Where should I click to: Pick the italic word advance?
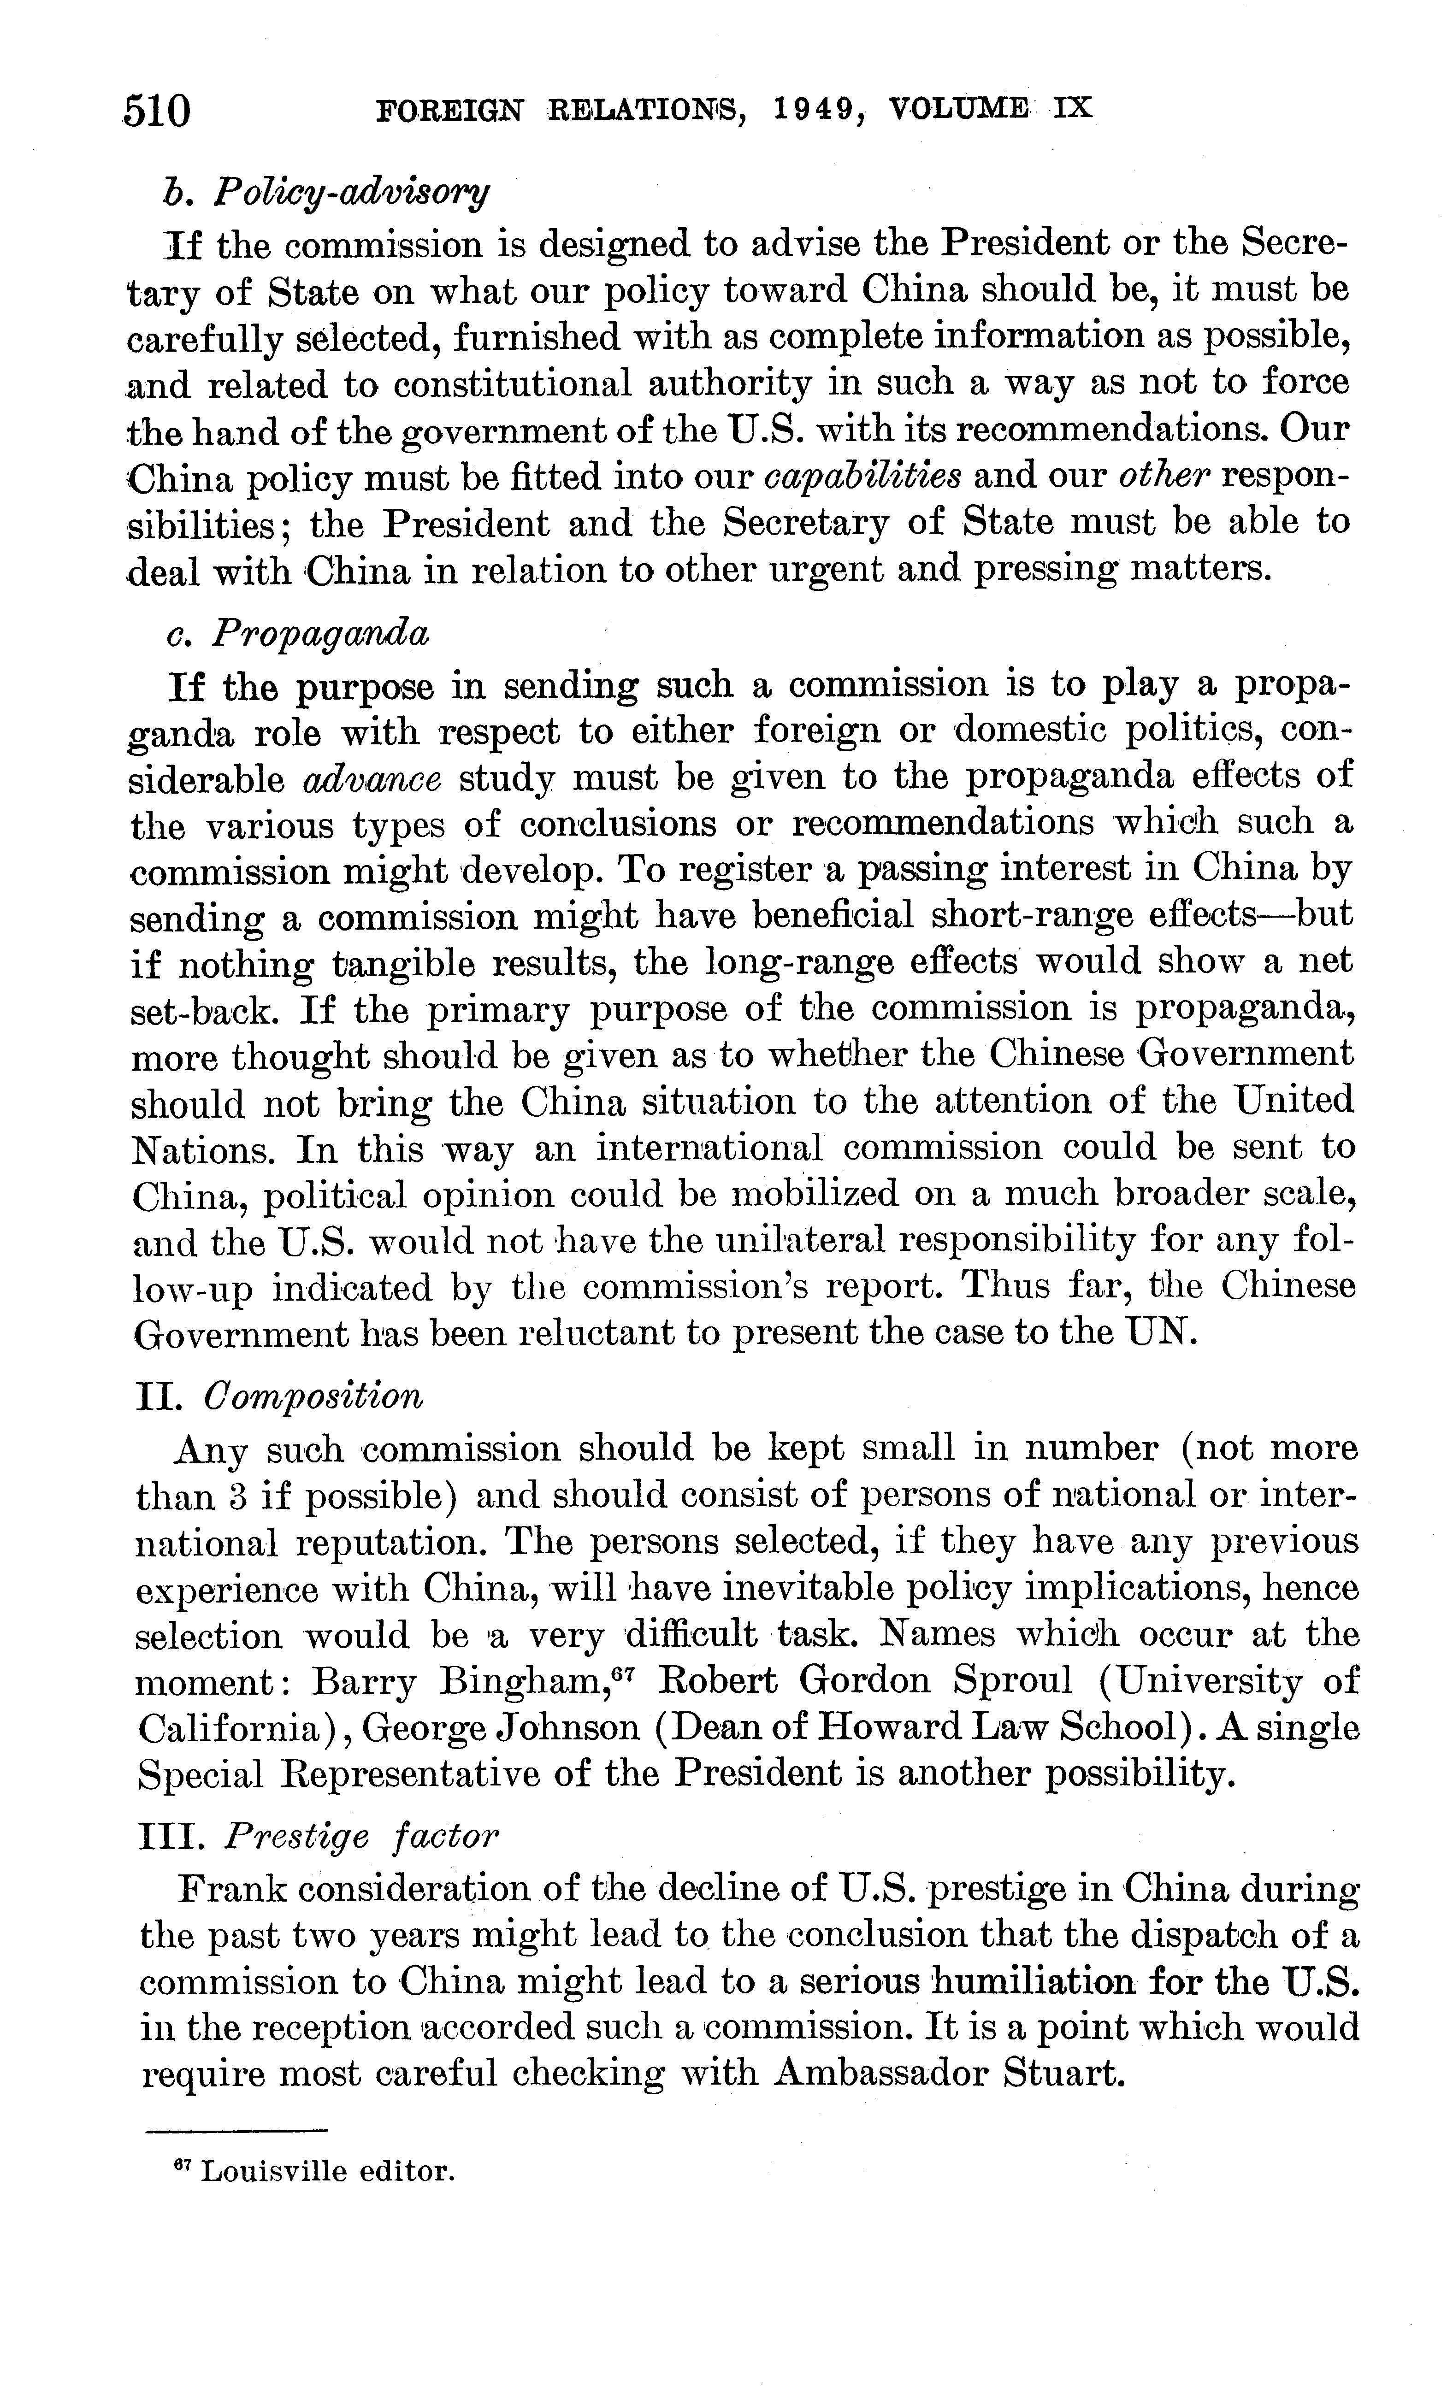[x=373, y=778]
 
